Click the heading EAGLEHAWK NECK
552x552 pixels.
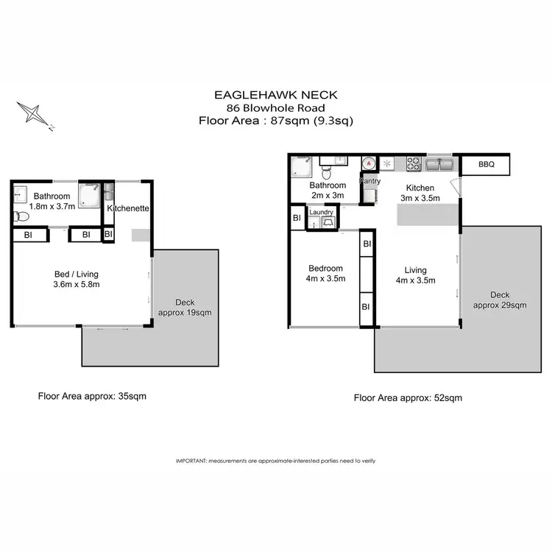click(276, 94)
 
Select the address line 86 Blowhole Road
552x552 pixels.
click(276, 107)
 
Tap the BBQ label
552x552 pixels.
click(486, 166)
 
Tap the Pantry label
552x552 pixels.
click(369, 180)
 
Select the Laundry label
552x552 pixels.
click(322, 213)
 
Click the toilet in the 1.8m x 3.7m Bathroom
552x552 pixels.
click(21, 216)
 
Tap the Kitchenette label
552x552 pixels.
click(129, 208)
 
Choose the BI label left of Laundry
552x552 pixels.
click(297, 218)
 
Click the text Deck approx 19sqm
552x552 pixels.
click(185, 307)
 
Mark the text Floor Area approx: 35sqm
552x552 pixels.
click(92, 396)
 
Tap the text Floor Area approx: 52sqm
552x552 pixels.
click(408, 397)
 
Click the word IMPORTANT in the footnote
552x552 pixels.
click(191, 460)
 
